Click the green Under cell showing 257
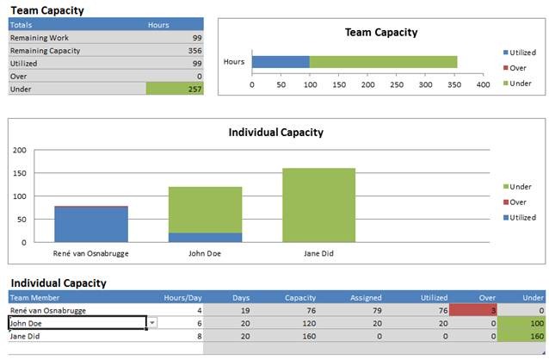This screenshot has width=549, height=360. [x=176, y=89]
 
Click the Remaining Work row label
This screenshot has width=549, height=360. [x=40, y=38]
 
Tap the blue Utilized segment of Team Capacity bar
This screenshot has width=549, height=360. [x=281, y=62]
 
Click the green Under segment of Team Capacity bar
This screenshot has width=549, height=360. [x=383, y=62]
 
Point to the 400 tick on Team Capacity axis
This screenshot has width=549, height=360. [x=484, y=85]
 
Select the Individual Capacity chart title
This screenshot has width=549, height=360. [x=275, y=133]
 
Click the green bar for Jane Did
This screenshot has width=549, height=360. [x=318, y=205]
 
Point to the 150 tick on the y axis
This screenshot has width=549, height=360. [x=20, y=172]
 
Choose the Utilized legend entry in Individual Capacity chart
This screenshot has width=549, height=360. [x=521, y=218]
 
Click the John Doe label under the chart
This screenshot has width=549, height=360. [x=205, y=254]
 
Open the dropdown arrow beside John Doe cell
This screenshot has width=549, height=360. [x=152, y=322]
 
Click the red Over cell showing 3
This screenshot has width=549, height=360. [x=472, y=310]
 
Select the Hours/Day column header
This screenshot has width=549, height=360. [x=182, y=297]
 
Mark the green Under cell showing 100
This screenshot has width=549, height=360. [x=525, y=322]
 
